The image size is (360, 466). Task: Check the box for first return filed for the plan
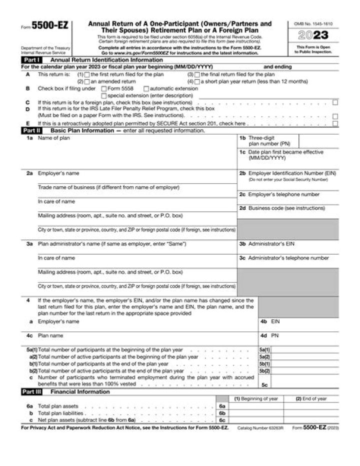point(87,75)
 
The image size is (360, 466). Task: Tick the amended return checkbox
point(87,81)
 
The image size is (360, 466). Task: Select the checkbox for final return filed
point(197,75)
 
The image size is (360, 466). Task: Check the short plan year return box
point(197,81)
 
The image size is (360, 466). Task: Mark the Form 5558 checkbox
point(103,88)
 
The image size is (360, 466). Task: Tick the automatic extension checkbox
point(146,88)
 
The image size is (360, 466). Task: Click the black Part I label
point(31,59)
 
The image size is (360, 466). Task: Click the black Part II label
point(32,130)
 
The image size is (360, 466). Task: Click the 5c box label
point(265,385)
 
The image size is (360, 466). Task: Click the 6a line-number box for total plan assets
point(222,406)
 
